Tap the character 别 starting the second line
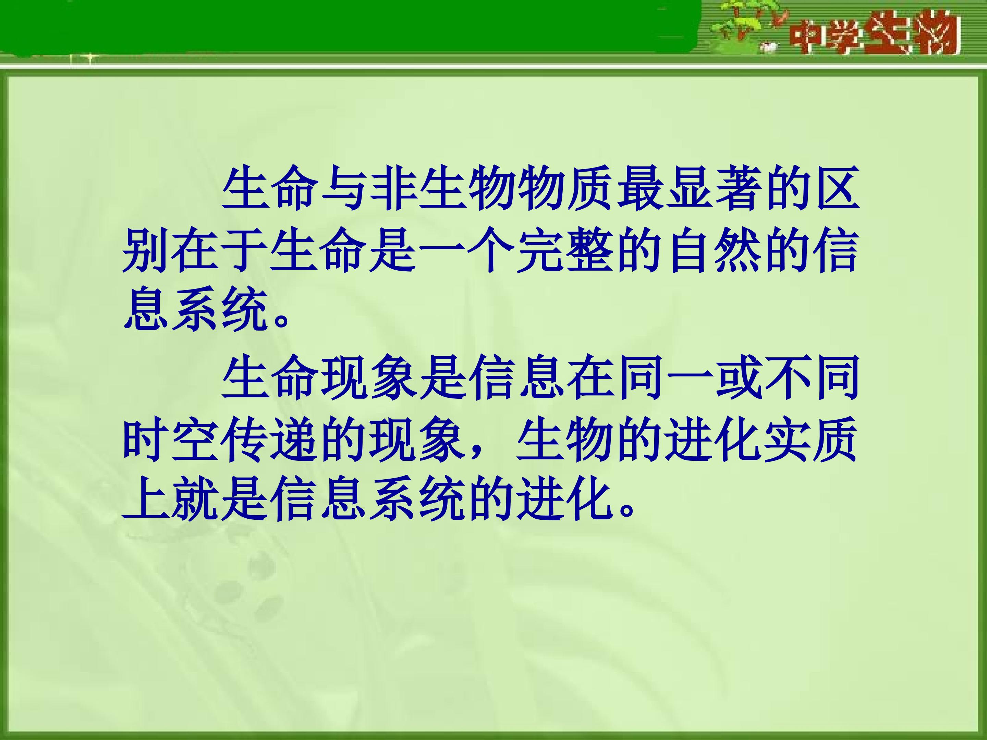coord(146,251)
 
